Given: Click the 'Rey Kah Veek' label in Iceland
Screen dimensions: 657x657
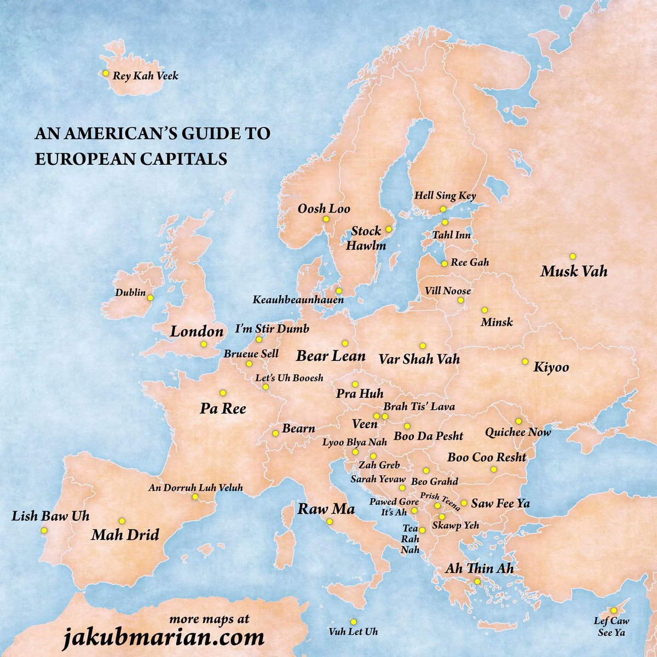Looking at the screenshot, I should (145, 76).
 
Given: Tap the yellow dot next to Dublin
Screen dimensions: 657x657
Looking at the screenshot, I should (150, 298).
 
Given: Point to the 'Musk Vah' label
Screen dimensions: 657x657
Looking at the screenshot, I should (574, 271).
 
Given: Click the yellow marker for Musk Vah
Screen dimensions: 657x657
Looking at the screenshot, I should (573, 256).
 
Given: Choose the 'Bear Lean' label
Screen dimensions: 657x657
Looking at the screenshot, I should (331, 356).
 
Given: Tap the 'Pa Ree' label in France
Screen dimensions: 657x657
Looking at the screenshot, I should (223, 408).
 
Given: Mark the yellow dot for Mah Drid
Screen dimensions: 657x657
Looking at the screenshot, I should (122, 521).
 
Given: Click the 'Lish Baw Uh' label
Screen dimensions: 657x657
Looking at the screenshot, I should (50, 516).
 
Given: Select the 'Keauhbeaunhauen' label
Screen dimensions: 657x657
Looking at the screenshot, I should (298, 300).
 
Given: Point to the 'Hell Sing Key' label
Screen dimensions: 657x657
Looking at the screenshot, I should (445, 195).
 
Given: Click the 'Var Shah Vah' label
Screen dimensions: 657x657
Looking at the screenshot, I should (419, 359).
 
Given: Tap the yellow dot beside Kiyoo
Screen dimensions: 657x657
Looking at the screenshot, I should (525, 361).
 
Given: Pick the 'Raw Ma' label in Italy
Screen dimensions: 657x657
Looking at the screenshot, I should (326, 509).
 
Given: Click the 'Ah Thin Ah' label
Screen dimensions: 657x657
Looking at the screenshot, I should (479, 568).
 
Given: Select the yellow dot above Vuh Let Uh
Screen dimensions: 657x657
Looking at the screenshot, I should (353, 621).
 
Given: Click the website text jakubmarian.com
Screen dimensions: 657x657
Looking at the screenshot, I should (162, 638).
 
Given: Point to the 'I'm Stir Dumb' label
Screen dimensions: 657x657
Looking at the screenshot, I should (272, 329).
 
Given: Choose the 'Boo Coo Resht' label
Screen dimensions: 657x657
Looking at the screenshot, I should (487, 457).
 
